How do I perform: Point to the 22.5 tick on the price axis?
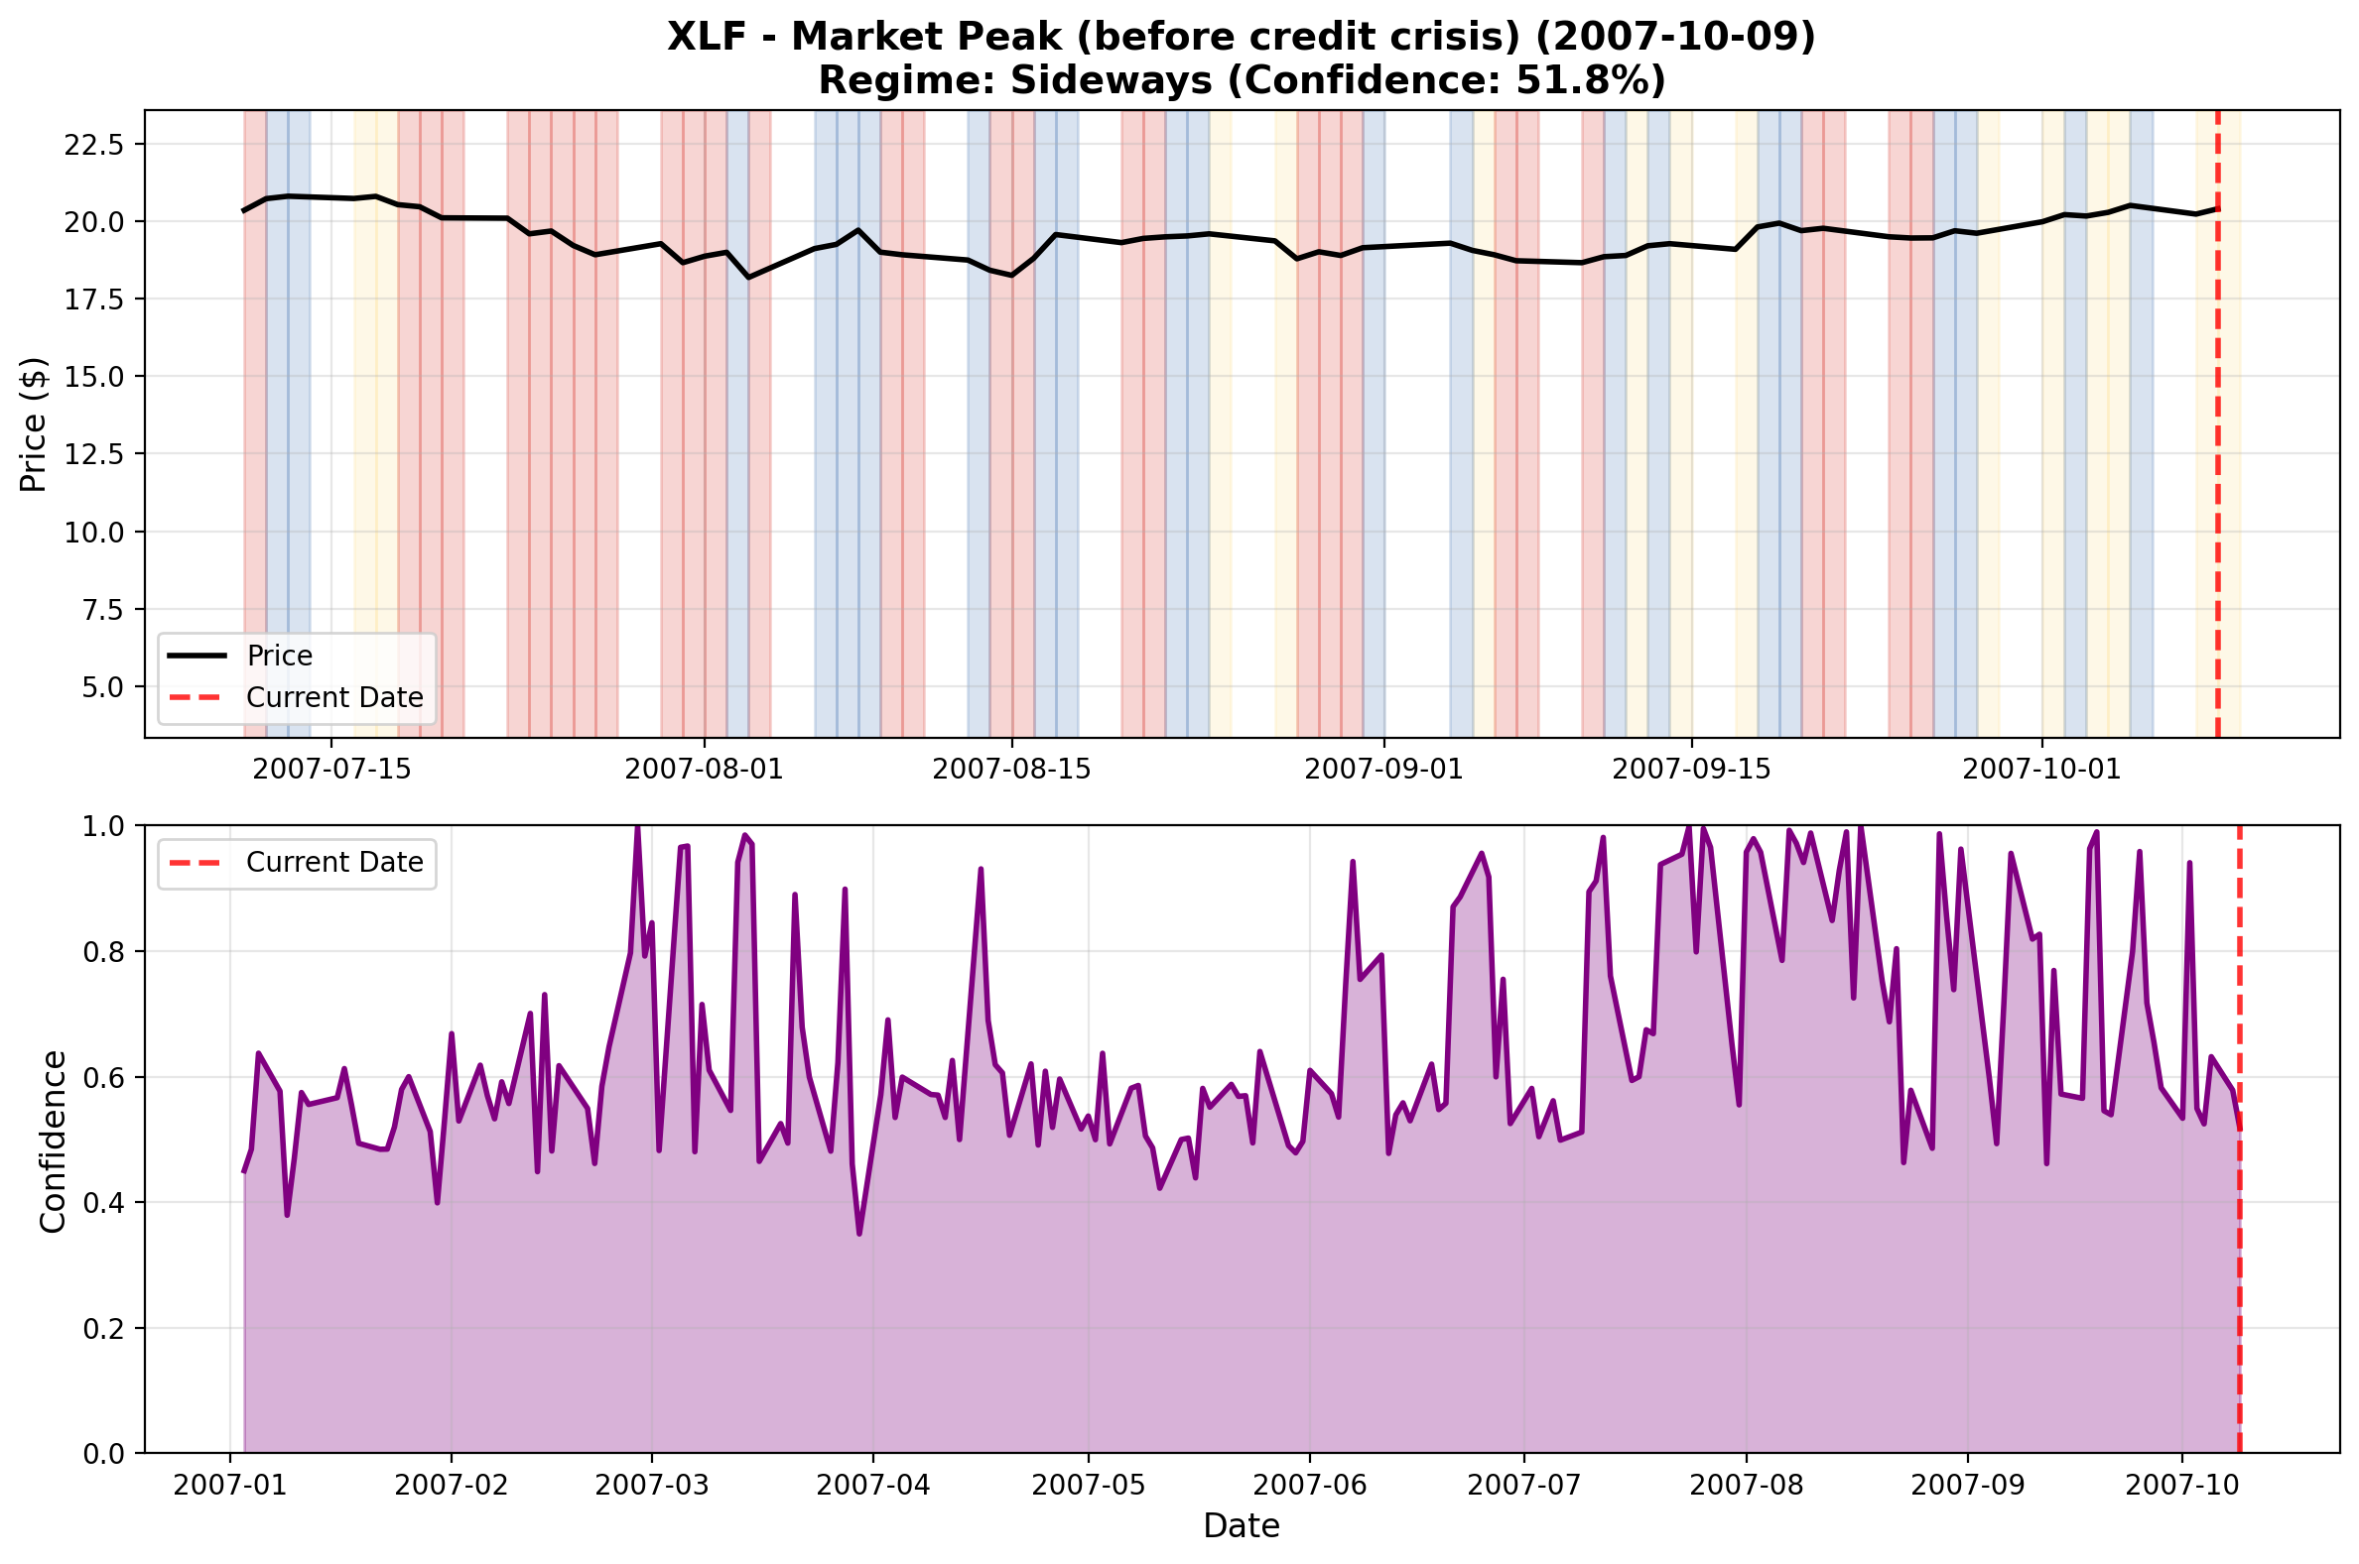click(x=93, y=144)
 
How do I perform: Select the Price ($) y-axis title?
click(x=34, y=423)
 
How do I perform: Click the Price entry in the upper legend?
click(x=280, y=656)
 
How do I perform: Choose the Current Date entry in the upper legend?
click(x=334, y=697)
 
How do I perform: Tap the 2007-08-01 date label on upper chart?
click(x=704, y=769)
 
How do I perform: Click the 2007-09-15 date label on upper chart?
click(x=1690, y=769)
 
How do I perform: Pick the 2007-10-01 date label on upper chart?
click(x=2040, y=769)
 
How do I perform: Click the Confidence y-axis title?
click(x=53, y=1142)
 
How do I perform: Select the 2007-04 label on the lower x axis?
click(x=873, y=1486)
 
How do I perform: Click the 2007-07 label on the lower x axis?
click(x=1523, y=1486)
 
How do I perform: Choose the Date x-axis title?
click(x=1241, y=1526)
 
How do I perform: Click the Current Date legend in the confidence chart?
click(x=334, y=862)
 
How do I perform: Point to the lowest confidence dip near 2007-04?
click(x=859, y=1234)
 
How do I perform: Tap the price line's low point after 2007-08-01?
click(x=748, y=278)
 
